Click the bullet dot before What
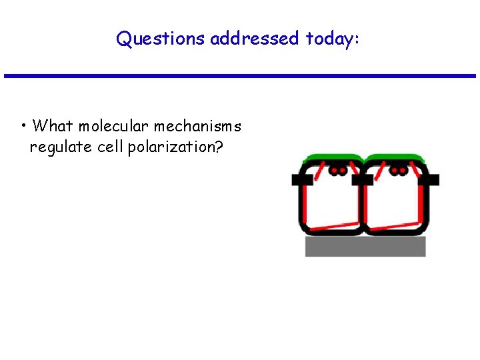[23, 125]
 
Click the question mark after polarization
[219, 147]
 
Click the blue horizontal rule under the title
[240, 76]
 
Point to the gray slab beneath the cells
[365, 246]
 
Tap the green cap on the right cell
[396, 159]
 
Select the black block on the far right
[433, 179]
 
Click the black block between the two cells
[363, 179]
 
